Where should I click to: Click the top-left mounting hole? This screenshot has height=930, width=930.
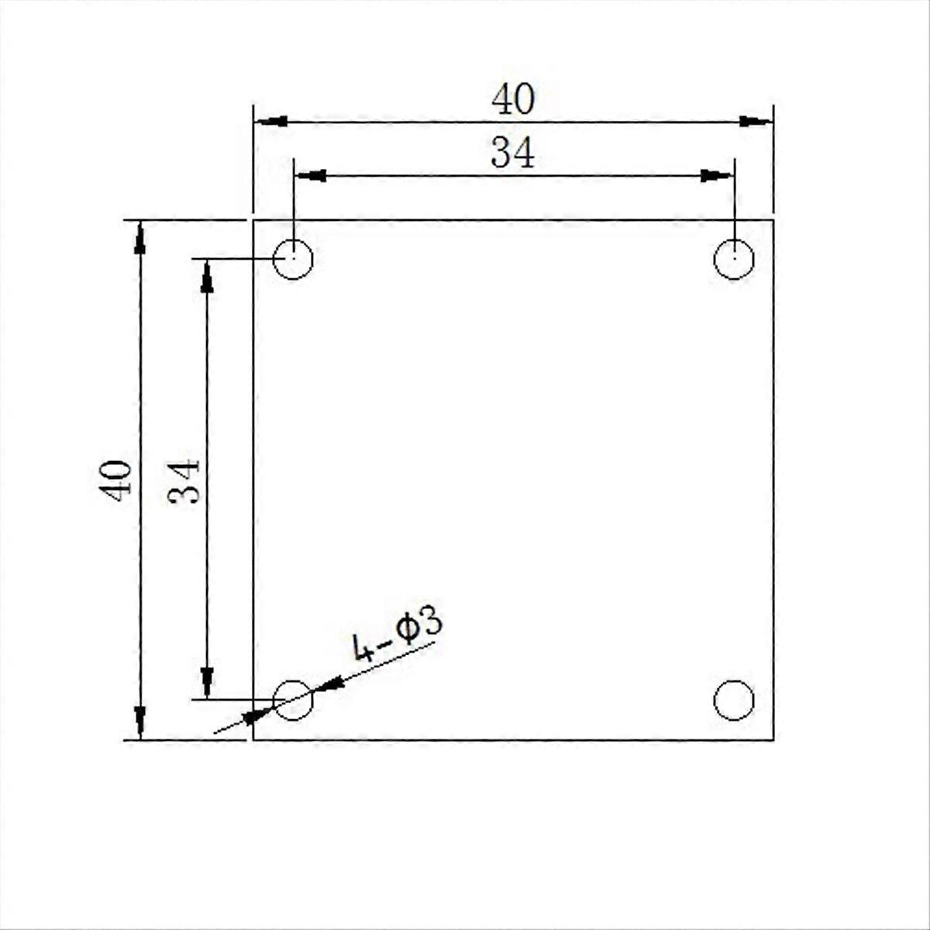[293, 258]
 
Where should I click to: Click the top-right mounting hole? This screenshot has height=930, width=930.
[733, 258]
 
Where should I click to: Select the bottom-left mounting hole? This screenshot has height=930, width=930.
[293, 700]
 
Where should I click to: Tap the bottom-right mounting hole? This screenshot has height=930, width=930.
[733, 700]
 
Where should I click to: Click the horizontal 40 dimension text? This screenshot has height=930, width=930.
[513, 100]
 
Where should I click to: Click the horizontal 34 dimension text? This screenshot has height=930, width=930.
[513, 153]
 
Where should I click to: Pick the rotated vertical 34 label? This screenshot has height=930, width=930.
[184, 481]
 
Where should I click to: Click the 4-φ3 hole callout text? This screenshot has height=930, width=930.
[397, 635]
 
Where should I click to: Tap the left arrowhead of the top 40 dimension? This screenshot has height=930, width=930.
[271, 122]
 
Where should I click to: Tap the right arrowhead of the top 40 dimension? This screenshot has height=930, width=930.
[755, 121]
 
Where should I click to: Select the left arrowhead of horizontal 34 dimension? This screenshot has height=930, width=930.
[310, 176]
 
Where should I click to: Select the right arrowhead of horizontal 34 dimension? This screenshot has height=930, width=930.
[716, 176]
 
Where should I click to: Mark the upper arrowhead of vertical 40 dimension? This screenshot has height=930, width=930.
[139, 237]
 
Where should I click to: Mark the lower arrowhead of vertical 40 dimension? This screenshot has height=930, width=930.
[139, 722]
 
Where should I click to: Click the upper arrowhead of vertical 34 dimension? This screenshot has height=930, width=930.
[207, 276]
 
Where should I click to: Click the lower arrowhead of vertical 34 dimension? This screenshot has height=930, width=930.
[207, 682]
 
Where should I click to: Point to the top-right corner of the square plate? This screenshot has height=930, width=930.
[773, 221]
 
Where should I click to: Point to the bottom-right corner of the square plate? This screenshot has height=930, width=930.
[773, 740]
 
